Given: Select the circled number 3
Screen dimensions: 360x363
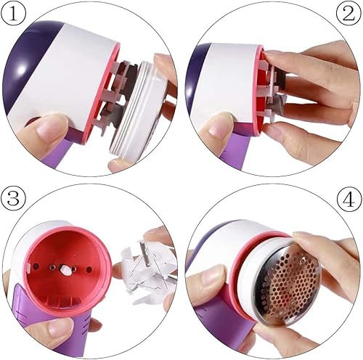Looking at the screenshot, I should click(x=15, y=197).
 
